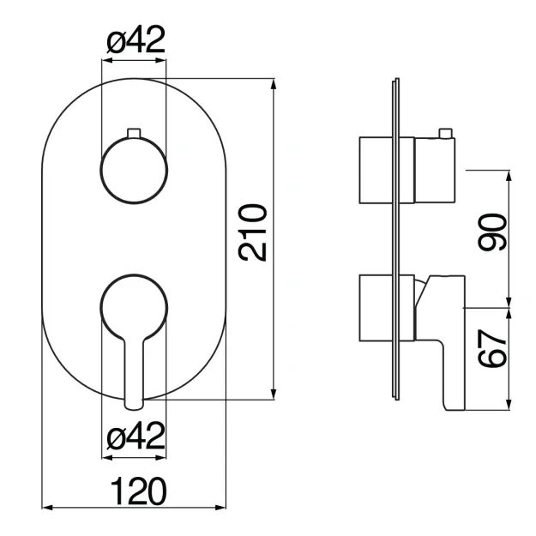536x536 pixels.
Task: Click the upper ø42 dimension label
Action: [136, 39]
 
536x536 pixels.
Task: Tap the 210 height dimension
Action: [253, 232]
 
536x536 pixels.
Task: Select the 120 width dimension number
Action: [139, 491]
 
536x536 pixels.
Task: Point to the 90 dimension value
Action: [492, 232]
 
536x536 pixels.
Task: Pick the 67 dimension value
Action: [492, 349]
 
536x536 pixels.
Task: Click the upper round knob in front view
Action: [134, 170]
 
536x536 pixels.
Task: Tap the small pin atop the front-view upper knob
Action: [134, 133]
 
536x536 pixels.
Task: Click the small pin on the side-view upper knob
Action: [445, 133]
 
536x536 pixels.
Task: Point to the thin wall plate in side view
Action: [396, 239]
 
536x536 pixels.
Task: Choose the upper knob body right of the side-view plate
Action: [435, 171]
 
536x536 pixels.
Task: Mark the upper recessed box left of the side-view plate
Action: [376, 171]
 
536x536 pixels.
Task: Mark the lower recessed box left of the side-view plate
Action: [376, 309]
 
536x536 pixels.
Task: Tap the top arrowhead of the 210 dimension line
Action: [273, 84]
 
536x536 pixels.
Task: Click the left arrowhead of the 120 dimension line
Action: [47, 508]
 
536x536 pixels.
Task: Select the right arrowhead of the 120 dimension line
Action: [220, 508]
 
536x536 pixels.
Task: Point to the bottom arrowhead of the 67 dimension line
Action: [509, 404]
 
